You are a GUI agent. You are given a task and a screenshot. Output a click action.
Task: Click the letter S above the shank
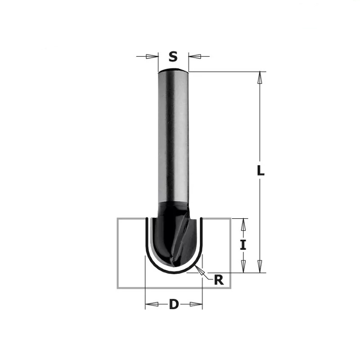click(173, 57)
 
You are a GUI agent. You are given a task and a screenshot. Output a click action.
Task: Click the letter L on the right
click(261, 171)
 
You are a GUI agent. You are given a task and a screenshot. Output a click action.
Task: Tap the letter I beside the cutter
click(243, 245)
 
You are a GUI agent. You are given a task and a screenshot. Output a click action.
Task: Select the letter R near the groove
click(219, 280)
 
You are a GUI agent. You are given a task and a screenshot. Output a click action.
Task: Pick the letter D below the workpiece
click(174, 305)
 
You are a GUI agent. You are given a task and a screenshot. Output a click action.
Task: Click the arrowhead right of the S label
click(195, 56)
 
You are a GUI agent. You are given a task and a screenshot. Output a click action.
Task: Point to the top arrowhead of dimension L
click(260, 77)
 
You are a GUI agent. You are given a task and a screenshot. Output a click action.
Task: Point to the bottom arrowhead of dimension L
click(260, 266)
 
